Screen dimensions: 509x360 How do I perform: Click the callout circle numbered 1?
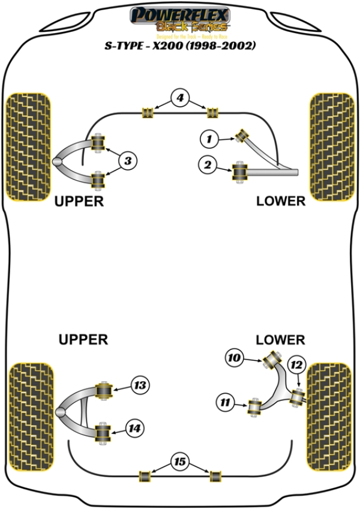tap(208, 140)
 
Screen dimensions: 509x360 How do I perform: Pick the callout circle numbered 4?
tap(181, 97)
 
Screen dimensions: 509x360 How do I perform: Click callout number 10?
tap(235, 358)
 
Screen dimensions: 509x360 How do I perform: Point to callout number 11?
tap(226, 403)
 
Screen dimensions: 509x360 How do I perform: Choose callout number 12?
tap(295, 364)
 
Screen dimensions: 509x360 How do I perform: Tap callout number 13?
tap(140, 385)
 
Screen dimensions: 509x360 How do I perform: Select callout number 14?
tap(134, 428)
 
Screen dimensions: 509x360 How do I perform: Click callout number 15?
tap(179, 462)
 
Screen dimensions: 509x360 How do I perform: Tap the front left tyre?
tap(28, 146)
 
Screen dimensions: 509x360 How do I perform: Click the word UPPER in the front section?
tap(79, 202)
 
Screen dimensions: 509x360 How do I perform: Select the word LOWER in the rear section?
tap(280, 340)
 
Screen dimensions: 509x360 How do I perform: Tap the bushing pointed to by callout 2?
tap(241, 172)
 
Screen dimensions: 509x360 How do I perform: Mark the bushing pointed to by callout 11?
tap(254, 406)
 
